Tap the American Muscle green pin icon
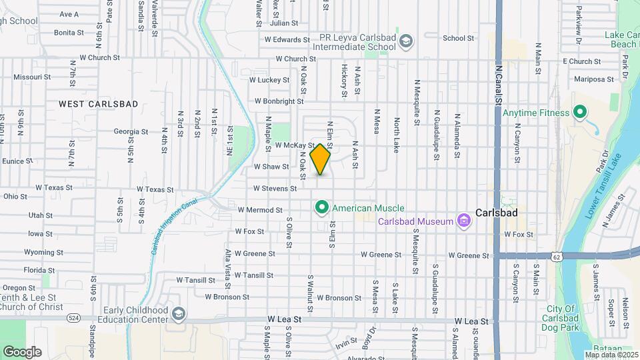coord(321,209)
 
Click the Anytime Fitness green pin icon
coord(579,113)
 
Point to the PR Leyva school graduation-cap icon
coord(405,43)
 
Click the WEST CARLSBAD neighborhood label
coord(98,104)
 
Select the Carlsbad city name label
coord(497,213)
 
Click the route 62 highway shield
coord(557,256)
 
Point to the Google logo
coord(22,352)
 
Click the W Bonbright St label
coord(279,102)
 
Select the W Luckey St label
coord(269,80)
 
